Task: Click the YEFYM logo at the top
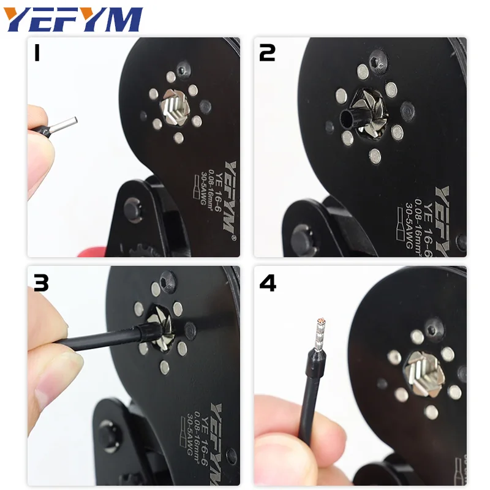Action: click(74, 20)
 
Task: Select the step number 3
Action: click(40, 283)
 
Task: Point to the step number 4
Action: click(268, 283)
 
